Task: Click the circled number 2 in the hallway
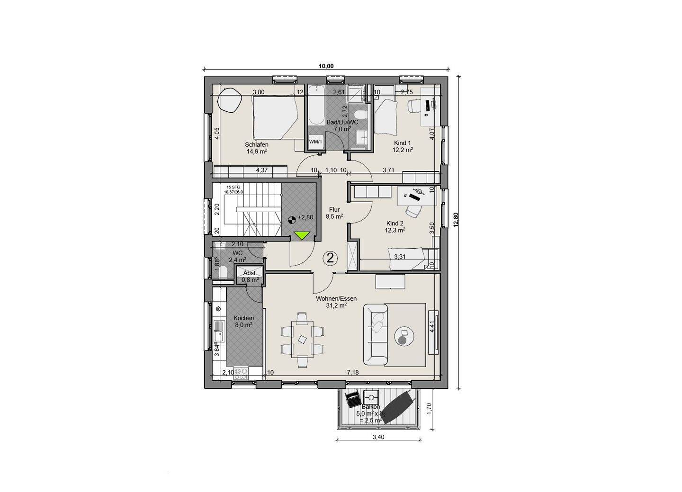tap(330, 258)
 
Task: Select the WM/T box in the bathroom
tap(315, 142)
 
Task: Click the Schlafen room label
tap(257, 145)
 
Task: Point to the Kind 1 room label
tap(403, 143)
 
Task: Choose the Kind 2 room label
tap(395, 224)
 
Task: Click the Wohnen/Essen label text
tap(336, 299)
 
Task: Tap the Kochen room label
tap(243, 318)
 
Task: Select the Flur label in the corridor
tap(334, 209)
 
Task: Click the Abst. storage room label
tap(250, 273)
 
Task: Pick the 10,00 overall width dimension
tap(326, 66)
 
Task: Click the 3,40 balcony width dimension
tap(377, 437)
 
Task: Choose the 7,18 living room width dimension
tap(353, 373)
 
